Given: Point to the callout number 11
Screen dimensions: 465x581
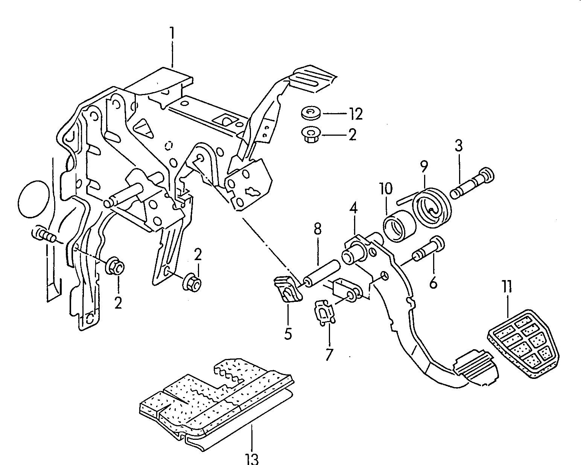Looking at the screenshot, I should click(x=506, y=288).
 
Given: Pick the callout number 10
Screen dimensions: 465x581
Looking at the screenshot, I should click(x=386, y=188).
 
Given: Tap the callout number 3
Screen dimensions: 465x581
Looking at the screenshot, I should click(x=458, y=145).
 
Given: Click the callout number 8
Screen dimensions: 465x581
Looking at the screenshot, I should click(x=318, y=229).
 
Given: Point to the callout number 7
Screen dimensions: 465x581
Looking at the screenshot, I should click(x=329, y=354).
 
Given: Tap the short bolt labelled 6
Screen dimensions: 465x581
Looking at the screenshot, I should click(x=429, y=250).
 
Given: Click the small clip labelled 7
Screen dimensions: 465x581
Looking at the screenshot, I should click(x=323, y=311).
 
